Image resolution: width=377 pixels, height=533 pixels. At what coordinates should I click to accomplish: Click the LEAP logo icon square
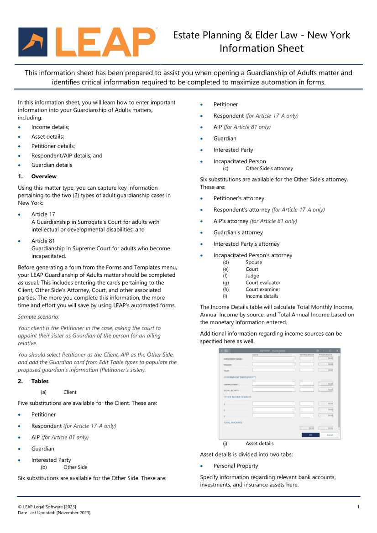[33, 42]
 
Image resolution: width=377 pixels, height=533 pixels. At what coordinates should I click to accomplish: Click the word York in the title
[340, 35]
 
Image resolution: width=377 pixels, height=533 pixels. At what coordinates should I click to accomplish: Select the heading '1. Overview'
[44, 176]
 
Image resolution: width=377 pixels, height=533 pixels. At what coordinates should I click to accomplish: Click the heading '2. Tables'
[40, 381]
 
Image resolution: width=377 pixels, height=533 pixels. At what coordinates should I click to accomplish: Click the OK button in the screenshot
[310, 435]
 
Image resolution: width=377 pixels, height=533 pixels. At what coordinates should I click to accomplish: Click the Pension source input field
[274, 364]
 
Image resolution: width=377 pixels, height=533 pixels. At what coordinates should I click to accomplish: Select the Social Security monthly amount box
[307, 390]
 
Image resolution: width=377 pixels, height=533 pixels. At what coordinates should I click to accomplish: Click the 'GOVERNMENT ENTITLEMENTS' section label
[240, 378]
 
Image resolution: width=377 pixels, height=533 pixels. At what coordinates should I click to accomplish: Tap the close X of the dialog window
[337, 351]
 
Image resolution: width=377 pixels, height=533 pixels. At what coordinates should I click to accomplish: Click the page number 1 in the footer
[358, 507]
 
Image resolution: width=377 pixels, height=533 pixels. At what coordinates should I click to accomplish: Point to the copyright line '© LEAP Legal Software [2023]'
[47, 507]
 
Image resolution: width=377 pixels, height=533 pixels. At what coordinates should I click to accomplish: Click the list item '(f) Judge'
[252, 276]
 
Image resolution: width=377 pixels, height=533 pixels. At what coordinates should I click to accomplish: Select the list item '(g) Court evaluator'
[263, 283]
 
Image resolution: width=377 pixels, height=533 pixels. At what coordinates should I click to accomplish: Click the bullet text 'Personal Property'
[236, 466]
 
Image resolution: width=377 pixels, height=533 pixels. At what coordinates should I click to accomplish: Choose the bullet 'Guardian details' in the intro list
[52, 165]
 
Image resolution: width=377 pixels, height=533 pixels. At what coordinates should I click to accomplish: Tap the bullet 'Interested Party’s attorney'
[246, 244]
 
